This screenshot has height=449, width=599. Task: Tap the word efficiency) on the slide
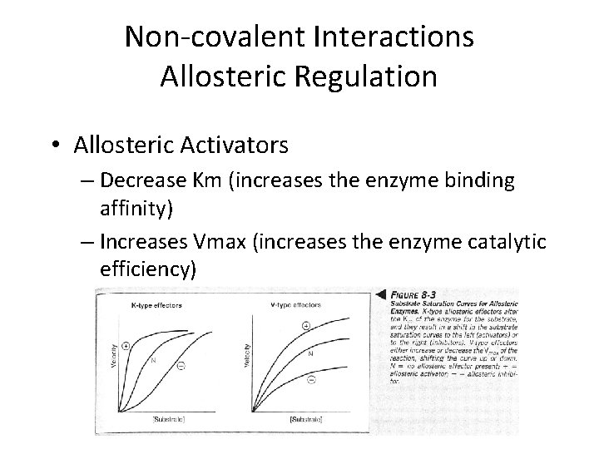[x=146, y=269]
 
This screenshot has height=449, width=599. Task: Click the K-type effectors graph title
[x=156, y=306]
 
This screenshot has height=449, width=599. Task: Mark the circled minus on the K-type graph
[x=181, y=364]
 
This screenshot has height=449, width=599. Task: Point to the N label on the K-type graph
[x=153, y=361]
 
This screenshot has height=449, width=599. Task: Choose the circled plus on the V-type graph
[x=305, y=326]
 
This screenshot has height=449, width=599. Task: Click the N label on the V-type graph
[x=310, y=354]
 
